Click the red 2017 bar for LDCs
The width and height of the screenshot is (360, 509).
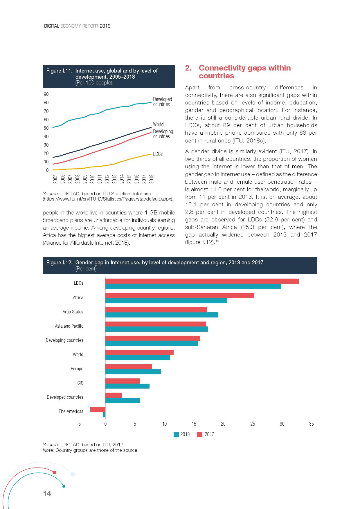point(202,281)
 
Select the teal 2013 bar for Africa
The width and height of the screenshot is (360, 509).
point(166,301)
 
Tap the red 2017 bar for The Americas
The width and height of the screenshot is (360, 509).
point(98,409)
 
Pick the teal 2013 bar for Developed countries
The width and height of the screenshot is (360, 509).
point(122,400)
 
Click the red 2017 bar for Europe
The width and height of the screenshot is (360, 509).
point(128,367)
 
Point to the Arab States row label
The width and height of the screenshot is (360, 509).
point(73,312)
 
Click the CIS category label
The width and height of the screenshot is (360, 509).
point(80,383)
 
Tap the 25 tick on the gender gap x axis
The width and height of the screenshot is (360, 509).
point(253,424)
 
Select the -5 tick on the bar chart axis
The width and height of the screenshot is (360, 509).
point(79,424)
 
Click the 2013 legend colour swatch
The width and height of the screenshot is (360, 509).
point(176,434)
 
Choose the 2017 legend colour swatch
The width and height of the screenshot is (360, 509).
point(200,434)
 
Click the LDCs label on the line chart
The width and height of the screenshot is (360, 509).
point(158,154)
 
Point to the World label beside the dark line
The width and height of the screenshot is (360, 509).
point(158,124)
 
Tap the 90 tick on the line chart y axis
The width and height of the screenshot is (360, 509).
point(46,94)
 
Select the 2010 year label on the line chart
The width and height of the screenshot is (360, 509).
point(92,179)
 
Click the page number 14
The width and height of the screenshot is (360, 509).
point(47,494)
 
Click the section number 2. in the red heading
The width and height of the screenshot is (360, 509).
point(188,68)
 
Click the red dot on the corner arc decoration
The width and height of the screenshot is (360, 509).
point(54,472)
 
